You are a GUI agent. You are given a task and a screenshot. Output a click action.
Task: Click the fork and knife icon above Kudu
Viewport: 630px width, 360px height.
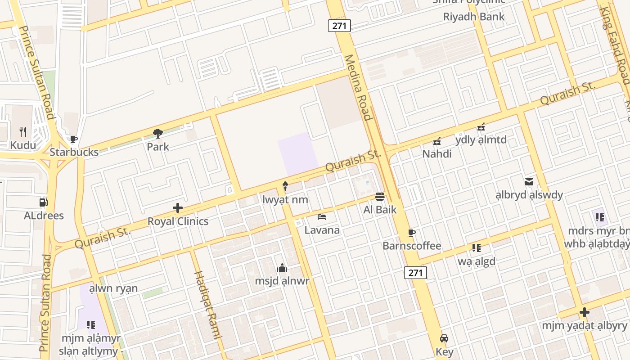tap(23, 132)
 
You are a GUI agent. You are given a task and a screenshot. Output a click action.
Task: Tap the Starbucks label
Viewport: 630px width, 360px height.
tap(74, 152)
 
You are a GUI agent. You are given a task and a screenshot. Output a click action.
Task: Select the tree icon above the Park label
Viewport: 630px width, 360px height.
tap(158, 134)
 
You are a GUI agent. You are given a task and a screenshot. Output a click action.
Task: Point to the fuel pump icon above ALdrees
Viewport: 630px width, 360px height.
tap(44, 202)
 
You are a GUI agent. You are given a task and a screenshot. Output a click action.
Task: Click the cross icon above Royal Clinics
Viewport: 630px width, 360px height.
tap(178, 208)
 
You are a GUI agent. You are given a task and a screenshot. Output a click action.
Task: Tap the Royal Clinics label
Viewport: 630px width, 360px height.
tap(178, 221)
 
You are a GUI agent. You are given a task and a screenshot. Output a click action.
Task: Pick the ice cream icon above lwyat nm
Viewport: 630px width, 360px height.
tap(285, 186)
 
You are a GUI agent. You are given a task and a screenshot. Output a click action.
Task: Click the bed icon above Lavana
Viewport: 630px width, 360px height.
tap(322, 217)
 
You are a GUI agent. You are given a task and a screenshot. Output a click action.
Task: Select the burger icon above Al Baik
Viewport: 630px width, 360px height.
tap(380, 196)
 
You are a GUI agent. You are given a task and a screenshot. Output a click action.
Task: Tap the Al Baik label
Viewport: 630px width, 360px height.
tap(380, 209)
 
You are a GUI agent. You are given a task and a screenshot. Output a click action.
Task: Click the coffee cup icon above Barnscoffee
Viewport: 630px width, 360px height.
tap(411, 233)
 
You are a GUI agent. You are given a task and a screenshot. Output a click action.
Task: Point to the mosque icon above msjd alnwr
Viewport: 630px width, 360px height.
tap(282, 268)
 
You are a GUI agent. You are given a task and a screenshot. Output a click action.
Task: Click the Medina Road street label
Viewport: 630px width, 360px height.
tap(358, 88)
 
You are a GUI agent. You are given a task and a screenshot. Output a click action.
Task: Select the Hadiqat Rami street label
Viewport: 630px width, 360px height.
tap(208, 305)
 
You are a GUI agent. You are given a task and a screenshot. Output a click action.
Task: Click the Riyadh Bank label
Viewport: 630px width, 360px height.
tap(474, 17)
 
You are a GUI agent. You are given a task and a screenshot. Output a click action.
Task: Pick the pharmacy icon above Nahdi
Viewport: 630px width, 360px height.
tap(436, 141)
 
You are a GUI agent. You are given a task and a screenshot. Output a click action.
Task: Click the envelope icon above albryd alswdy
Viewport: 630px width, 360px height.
tap(529, 182)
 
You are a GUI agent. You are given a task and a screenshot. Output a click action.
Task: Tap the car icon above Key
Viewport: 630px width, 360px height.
tap(444, 338)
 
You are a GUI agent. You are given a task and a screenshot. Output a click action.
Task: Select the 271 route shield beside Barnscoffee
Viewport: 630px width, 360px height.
tap(415, 272)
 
